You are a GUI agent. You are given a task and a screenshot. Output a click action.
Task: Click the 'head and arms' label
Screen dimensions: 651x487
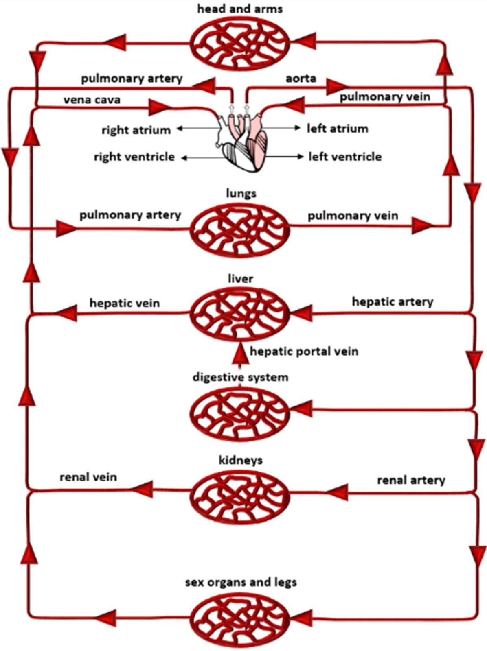point(240,9)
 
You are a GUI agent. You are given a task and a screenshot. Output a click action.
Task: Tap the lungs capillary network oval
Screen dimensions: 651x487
point(240,229)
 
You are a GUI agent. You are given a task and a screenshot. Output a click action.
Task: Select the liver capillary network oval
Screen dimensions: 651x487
point(240,314)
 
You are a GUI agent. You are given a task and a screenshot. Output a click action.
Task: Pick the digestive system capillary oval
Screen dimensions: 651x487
point(240,413)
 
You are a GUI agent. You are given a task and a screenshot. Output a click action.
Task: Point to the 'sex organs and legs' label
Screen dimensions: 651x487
point(241,582)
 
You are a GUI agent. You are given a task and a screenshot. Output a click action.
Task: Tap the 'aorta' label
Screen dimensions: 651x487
point(301,78)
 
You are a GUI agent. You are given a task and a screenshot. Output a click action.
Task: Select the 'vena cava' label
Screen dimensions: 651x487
point(92,100)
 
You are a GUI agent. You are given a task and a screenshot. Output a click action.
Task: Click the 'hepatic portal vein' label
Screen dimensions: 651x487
point(304,351)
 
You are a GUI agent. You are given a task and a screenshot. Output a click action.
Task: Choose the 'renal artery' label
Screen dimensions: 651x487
point(411,480)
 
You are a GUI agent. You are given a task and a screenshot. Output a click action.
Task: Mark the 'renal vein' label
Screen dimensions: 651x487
point(88,476)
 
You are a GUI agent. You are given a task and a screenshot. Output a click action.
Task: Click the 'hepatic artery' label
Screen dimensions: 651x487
point(392,301)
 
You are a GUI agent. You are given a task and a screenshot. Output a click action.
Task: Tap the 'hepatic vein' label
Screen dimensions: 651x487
point(124,303)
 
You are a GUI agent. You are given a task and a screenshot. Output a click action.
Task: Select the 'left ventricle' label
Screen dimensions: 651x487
point(344,157)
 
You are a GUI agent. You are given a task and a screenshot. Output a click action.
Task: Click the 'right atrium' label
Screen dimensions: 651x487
point(136,130)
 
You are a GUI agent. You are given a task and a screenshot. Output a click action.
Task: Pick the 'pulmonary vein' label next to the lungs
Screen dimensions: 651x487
point(353,215)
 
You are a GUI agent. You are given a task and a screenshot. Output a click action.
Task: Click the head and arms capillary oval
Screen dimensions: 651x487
point(240,42)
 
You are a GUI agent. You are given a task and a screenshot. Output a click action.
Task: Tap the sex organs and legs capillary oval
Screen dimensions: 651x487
point(240,619)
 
